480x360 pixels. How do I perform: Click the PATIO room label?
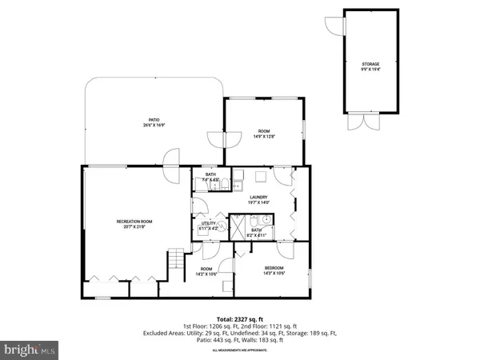[x=142, y=120]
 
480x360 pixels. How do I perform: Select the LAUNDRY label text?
[x=258, y=197]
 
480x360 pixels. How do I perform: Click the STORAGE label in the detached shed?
[x=369, y=64]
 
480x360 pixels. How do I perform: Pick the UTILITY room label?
[x=210, y=224]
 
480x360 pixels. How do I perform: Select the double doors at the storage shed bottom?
[x=367, y=123]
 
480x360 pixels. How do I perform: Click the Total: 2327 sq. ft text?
[x=240, y=319]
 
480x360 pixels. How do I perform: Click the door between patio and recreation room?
[x=170, y=171]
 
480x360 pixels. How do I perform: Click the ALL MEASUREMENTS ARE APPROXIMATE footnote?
[x=240, y=350]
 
